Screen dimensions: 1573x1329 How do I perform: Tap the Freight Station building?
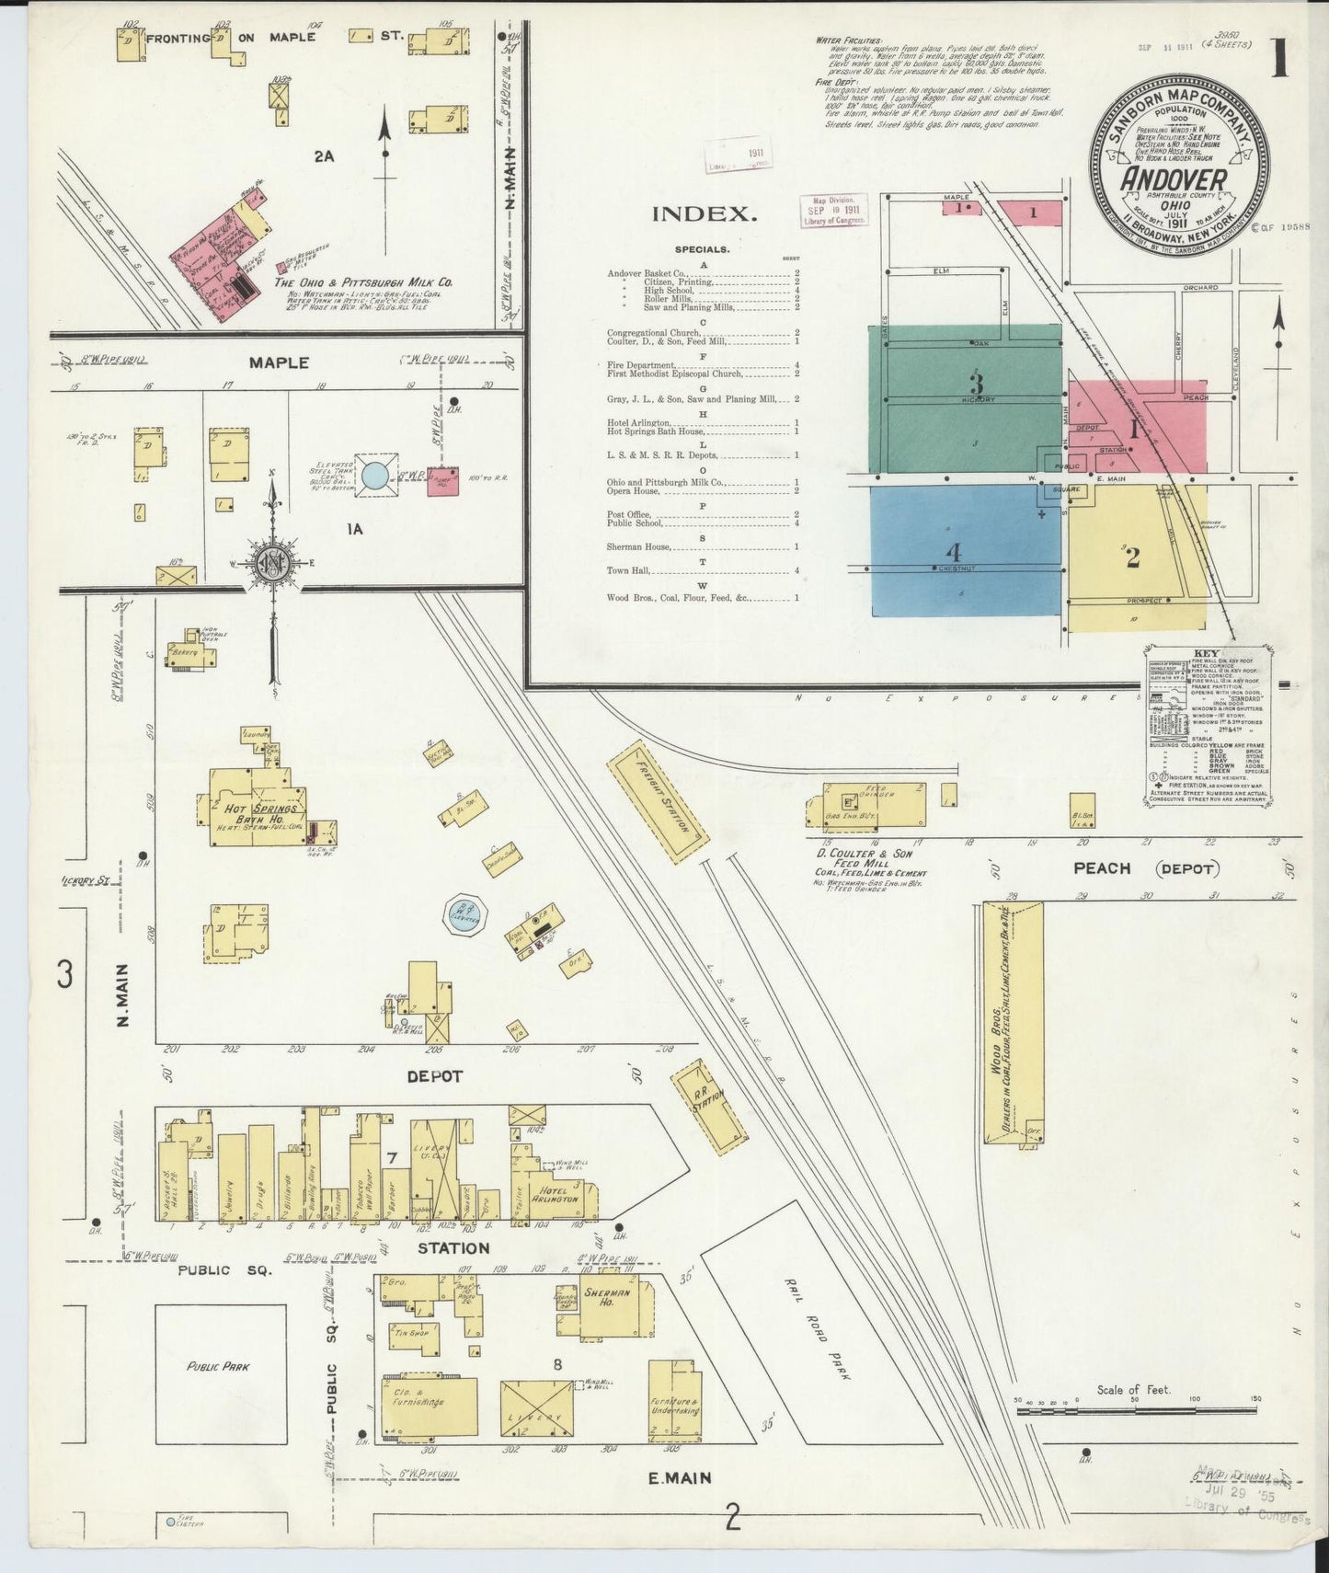[658, 801]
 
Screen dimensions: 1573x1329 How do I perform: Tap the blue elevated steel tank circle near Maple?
[374, 476]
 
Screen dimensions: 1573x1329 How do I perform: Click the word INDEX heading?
[705, 214]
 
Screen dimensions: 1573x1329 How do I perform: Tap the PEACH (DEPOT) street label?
[1144, 867]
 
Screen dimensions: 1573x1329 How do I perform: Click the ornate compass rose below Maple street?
[273, 561]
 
